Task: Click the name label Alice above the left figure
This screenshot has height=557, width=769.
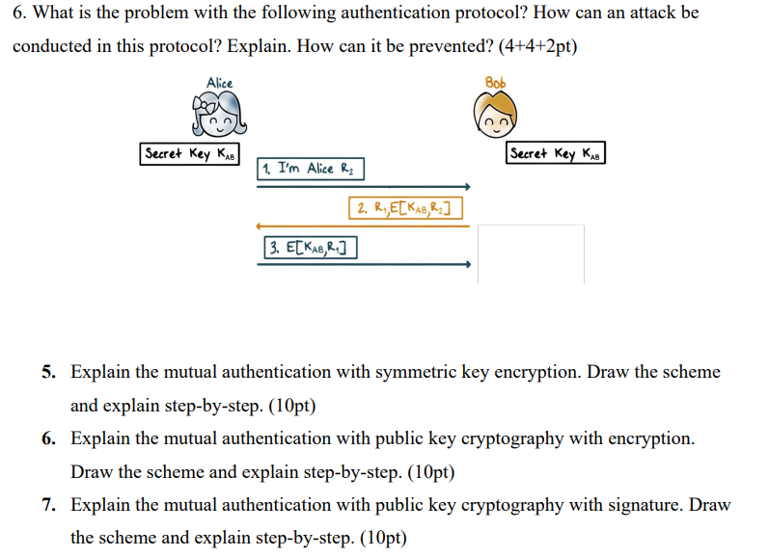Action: pyautogui.click(x=220, y=83)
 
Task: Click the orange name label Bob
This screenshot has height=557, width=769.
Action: pyautogui.click(x=495, y=83)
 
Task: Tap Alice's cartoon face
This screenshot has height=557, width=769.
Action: pyautogui.click(x=221, y=119)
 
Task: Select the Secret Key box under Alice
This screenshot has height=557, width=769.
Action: pyautogui.click(x=191, y=154)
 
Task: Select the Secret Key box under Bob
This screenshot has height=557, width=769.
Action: pyautogui.click(x=556, y=153)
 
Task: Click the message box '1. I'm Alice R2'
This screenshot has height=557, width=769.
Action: pyautogui.click(x=312, y=169)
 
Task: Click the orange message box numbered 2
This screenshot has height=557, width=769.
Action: pyautogui.click(x=405, y=208)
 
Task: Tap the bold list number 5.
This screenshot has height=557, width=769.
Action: pyautogui.click(x=48, y=372)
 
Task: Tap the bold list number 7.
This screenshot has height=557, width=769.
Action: pyautogui.click(x=48, y=505)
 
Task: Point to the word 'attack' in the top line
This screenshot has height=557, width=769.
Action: pyautogui.click(x=623, y=13)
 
